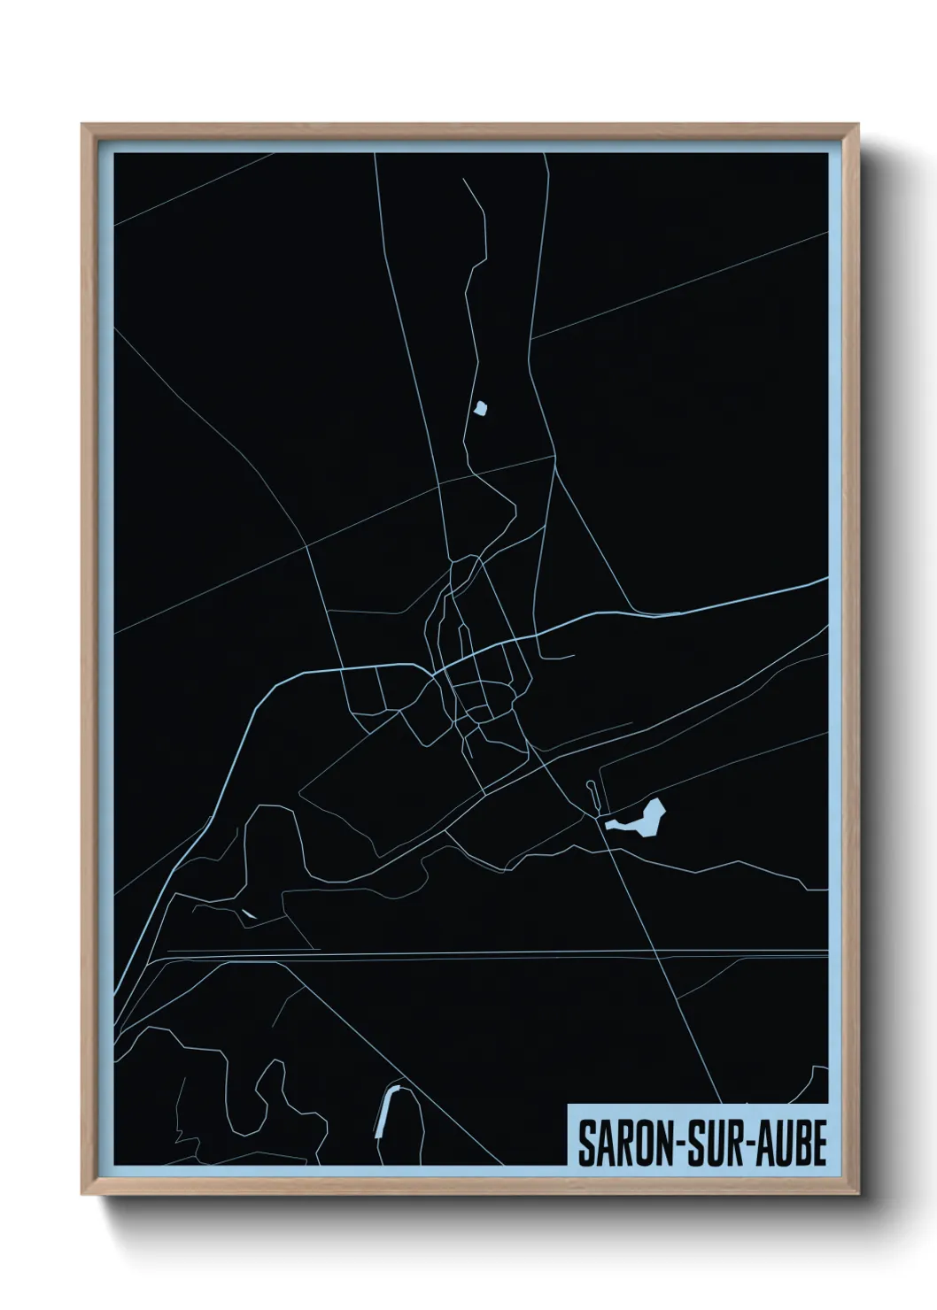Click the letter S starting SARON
click(587, 1144)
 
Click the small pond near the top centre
click(481, 408)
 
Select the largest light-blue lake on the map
click(642, 819)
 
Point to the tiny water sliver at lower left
click(247, 913)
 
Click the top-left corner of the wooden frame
click(83, 126)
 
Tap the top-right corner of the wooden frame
click(858, 126)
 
